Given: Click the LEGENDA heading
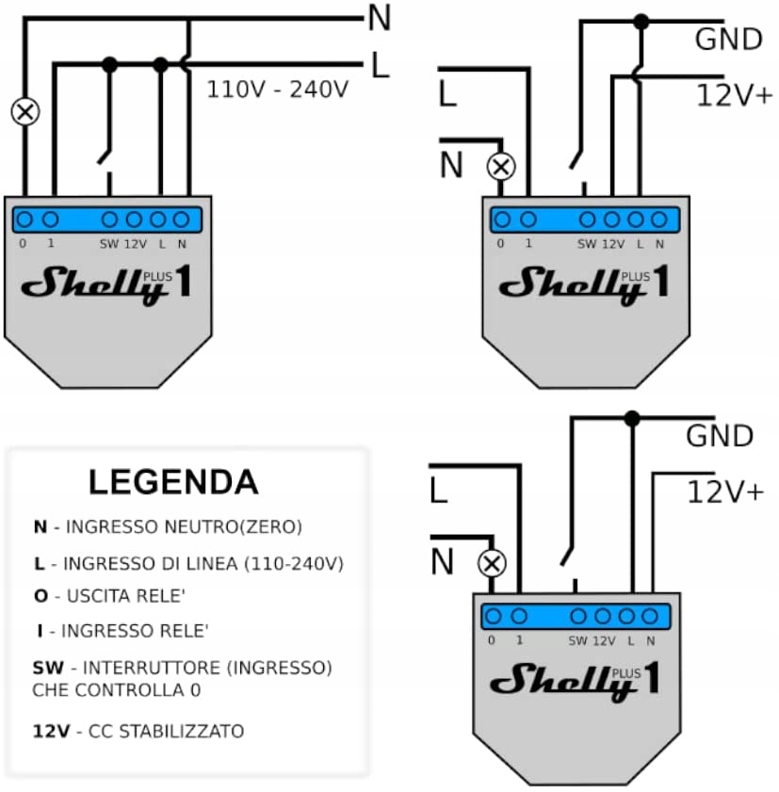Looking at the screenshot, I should coord(173,481).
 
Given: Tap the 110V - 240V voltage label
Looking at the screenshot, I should coord(278,90).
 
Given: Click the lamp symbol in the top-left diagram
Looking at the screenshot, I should coord(24,112).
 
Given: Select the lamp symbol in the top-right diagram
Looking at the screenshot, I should coord(501,167).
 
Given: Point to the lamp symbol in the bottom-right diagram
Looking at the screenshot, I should coord(491,564).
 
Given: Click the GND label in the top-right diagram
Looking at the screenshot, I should coord(728,40).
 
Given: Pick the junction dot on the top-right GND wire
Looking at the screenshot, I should coord(641,20).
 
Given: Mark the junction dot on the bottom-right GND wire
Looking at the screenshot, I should coord(632,417).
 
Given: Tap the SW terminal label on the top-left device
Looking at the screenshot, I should coord(109,243).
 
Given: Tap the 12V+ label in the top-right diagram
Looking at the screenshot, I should coord(734,95).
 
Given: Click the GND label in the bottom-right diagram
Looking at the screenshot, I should coord(720,436).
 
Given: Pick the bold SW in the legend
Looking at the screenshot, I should coord(47,668).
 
